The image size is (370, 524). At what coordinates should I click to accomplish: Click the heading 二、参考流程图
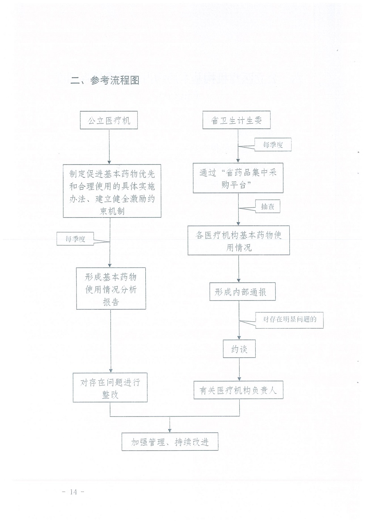[x=105, y=80]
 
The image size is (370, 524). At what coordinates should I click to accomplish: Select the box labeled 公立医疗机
[x=109, y=120]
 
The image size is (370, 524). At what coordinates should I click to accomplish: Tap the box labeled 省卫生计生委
[x=236, y=120]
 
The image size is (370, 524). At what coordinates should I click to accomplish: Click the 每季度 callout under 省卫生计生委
[x=273, y=145]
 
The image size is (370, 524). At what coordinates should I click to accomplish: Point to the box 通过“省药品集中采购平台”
[x=238, y=178]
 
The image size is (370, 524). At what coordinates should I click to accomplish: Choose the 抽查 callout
[x=268, y=206]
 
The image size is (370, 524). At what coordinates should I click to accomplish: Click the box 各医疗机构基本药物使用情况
[x=239, y=240]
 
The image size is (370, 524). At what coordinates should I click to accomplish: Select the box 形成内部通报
[x=242, y=292]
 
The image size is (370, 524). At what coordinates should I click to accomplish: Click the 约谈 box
[x=239, y=349]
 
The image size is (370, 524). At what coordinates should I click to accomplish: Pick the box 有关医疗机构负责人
[x=239, y=390]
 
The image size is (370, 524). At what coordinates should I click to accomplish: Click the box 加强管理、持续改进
[x=170, y=442]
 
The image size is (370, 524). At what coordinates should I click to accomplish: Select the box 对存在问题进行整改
[x=110, y=387]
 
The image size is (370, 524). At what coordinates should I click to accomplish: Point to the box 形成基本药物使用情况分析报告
[x=111, y=288]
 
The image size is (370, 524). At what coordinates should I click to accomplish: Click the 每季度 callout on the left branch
[x=75, y=239]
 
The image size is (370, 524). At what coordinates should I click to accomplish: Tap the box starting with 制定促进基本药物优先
[x=112, y=191]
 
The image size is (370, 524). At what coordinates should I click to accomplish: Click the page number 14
[x=73, y=492]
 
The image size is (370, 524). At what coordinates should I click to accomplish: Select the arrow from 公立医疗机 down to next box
[x=109, y=147]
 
